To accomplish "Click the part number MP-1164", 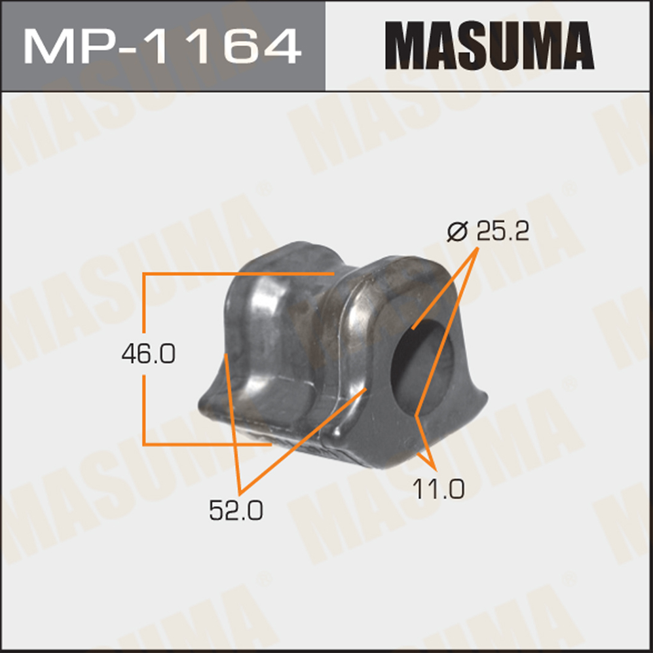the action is (162, 46).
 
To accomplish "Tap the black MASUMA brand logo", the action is (489, 45).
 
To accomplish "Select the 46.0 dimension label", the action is (148, 354).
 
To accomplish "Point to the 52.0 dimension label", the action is (236, 510).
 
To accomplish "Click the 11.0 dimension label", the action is (439, 489).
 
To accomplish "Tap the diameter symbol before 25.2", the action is (458, 231).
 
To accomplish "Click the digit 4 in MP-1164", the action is (280, 47).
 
